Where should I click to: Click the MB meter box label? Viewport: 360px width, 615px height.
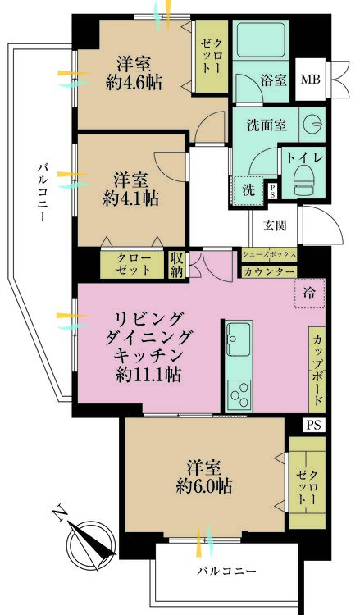[310, 80]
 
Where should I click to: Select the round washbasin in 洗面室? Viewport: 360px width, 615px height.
[312, 124]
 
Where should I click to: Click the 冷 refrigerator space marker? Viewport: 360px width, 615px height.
[308, 293]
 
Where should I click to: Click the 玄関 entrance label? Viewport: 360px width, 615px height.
[274, 225]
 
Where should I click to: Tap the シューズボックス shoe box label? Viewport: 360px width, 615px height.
[269, 254]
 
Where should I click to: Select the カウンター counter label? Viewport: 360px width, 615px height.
[269, 271]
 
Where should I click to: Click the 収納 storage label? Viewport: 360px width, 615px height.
[176, 264]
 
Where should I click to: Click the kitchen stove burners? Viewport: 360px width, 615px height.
[239, 394]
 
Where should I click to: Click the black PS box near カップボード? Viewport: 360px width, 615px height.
[312, 425]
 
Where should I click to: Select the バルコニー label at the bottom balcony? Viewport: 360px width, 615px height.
[226, 569]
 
